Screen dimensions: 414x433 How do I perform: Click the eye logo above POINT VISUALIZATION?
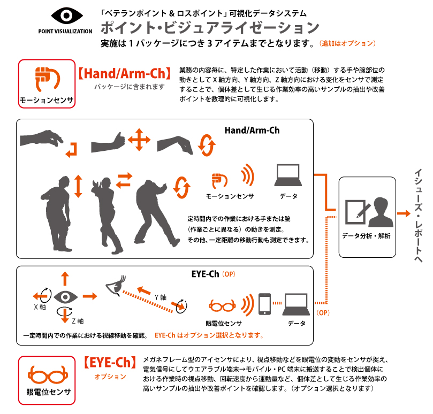pos(65,16)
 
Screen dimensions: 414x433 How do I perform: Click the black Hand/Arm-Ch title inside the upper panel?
pos(252,130)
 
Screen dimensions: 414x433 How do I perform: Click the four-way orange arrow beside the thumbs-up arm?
pos(139,141)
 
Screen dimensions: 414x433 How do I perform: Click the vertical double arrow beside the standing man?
pos(78,186)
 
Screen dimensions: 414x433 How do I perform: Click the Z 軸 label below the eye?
pos(77,321)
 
